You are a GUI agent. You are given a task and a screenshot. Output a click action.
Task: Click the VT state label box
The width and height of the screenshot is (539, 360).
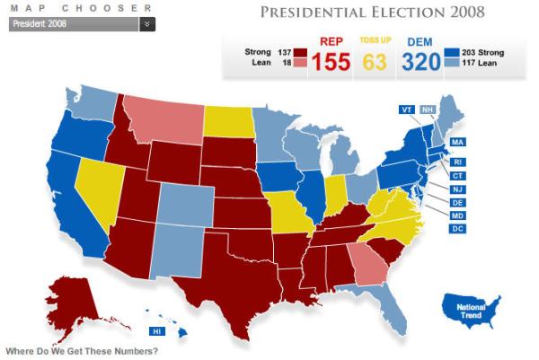click(x=407, y=110)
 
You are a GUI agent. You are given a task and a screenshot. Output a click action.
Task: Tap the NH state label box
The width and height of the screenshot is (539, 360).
click(x=429, y=110)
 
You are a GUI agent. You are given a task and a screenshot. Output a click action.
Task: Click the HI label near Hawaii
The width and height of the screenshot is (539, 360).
click(x=157, y=331)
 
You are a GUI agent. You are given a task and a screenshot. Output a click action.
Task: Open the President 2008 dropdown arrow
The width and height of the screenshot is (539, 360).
click(x=147, y=24)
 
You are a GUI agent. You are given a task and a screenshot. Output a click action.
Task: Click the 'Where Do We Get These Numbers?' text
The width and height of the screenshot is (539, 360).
click(x=81, y=350)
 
